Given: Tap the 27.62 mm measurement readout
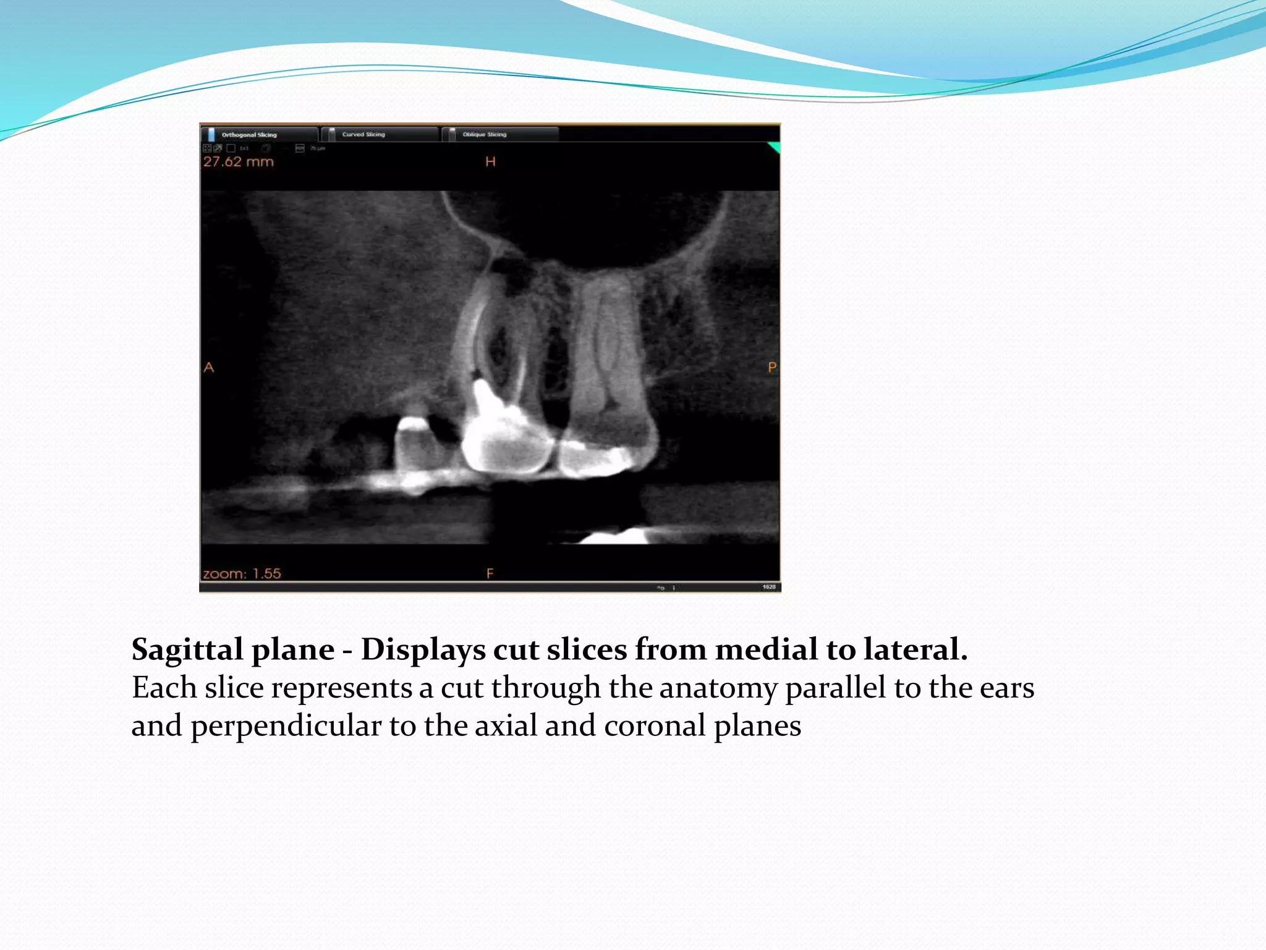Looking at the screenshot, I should click(x=238, y=162).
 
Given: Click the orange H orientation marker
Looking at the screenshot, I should click(x=490, y=162).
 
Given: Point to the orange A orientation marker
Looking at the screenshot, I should click(x=209, y=367).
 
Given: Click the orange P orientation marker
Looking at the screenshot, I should click(x=772, y=367).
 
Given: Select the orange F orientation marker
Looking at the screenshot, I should click(x=490, y=573).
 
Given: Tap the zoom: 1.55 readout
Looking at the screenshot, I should click(x=242, y=573).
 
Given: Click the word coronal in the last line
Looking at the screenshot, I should click(x=655, y=725).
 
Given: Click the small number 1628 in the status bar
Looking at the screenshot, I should click(x=769, y=587).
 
